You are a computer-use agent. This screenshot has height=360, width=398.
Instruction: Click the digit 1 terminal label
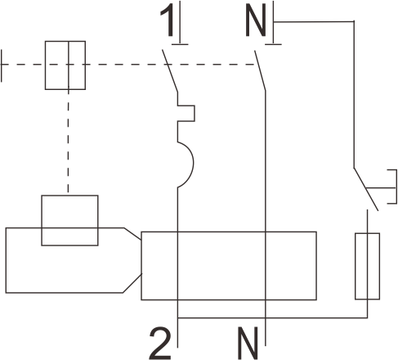click(168, 20)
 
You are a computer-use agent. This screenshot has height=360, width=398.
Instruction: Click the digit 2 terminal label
click(160, 343)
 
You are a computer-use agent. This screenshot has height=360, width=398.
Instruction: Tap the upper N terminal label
click(256, 20)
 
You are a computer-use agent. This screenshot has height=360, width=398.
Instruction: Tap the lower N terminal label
click(248, 343)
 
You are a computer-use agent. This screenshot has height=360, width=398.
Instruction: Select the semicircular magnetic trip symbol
click(193, 164)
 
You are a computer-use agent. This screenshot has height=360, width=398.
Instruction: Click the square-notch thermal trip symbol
click(194, 113)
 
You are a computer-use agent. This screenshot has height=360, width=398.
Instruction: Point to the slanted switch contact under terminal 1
click(170, 70)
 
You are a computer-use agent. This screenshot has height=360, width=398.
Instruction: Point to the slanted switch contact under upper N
click(260, 70)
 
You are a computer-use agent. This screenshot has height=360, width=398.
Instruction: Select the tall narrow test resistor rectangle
click(367, 266)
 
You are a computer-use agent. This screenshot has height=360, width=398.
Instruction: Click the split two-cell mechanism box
click(65, 65)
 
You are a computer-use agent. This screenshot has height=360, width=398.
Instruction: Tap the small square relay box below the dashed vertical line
click(69, 220)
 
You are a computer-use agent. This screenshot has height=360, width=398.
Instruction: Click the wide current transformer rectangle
click(229, 266)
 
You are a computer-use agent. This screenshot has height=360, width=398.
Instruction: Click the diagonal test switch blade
click(366, 189)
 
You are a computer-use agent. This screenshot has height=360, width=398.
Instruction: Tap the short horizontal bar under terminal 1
click(180, 44)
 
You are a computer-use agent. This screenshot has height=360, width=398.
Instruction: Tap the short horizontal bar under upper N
click(273, 44)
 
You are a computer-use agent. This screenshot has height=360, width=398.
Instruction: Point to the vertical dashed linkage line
click(69, 142)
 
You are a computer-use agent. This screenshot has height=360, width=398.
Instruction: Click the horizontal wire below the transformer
click(272, 317)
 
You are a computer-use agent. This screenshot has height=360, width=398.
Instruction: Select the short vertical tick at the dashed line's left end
click(2, 65)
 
